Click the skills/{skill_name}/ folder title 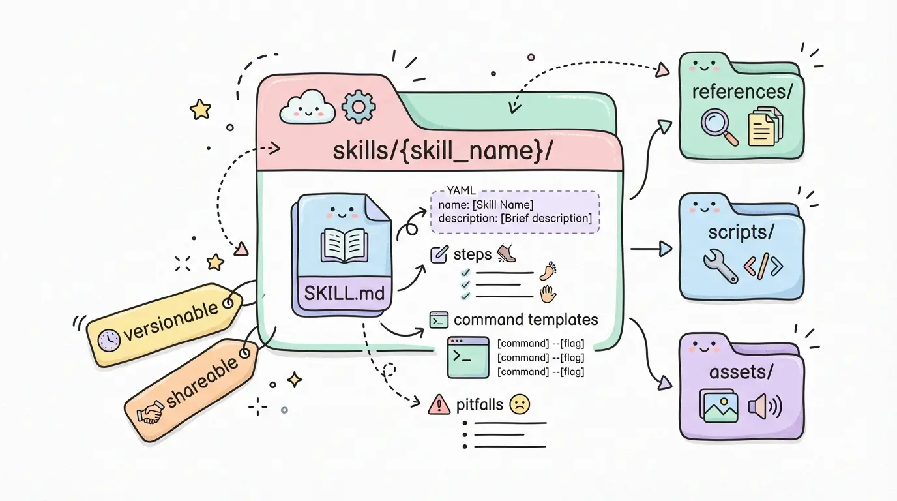[443, 151]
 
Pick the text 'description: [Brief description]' [515, 218]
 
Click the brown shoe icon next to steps [507, 252]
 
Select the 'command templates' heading [525, 320]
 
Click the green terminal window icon [468, 356]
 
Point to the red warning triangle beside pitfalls [440, 405]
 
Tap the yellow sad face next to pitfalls [520, 404]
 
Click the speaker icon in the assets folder [763, 407]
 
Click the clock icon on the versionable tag [108, 339]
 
